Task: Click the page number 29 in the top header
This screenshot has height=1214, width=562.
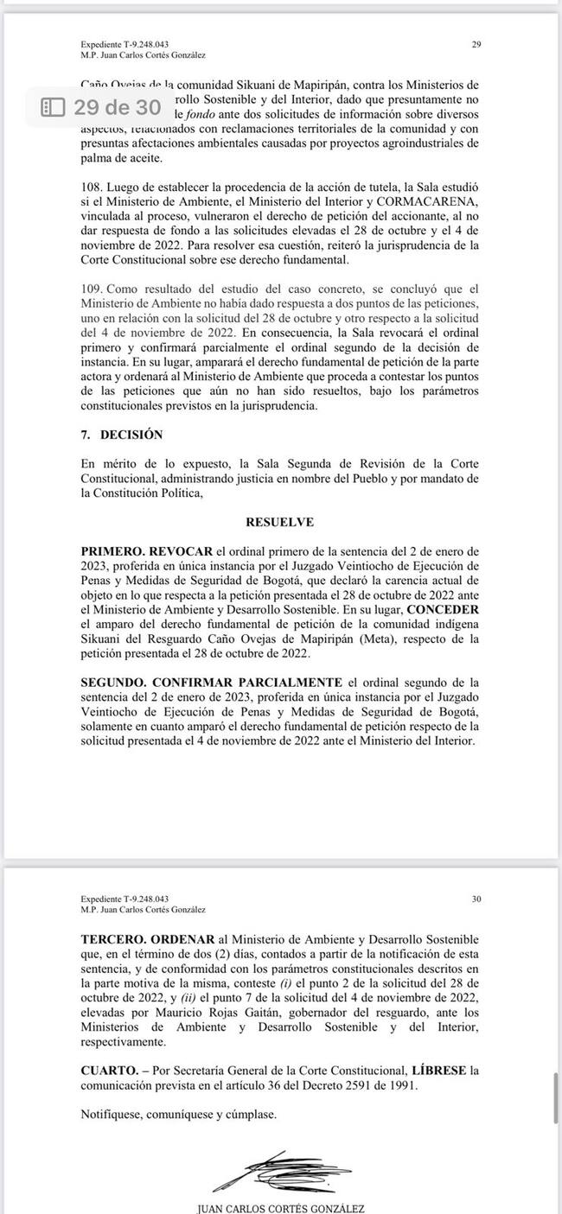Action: tap(476, 43)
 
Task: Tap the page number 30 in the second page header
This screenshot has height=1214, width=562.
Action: tap(476, 899)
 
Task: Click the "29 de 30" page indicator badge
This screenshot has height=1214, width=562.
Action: tap(102, 107)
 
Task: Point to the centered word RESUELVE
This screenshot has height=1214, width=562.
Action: tap(280, 522)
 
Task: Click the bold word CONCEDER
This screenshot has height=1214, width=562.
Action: tap(440, 607)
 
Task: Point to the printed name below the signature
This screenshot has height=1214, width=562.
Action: tap(281, 1208)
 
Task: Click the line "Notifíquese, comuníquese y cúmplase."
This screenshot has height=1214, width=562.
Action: tap(179, 1115)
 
